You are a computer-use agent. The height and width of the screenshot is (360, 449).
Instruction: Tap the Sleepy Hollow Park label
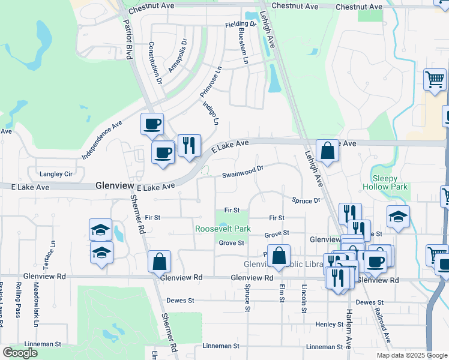(385, 182)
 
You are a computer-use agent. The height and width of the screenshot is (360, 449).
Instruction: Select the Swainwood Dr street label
(243, 172)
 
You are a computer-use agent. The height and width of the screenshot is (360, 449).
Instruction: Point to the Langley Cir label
(56, 174)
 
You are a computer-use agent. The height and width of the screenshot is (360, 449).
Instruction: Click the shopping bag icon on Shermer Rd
(160, 261)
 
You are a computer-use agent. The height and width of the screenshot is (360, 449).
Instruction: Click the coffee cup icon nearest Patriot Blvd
(152, 124)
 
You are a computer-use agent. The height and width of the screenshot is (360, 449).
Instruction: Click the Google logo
(20, 353)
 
